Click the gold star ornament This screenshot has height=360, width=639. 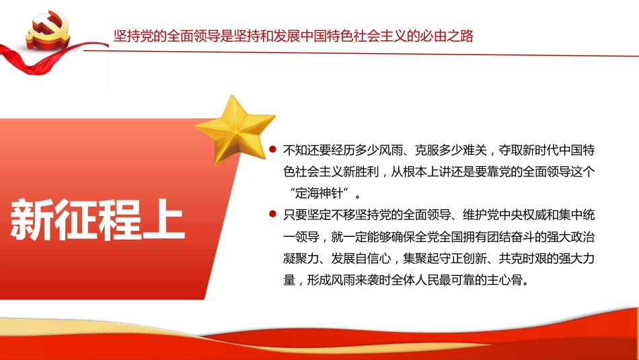point(235,129)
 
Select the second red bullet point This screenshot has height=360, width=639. point(272,215)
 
